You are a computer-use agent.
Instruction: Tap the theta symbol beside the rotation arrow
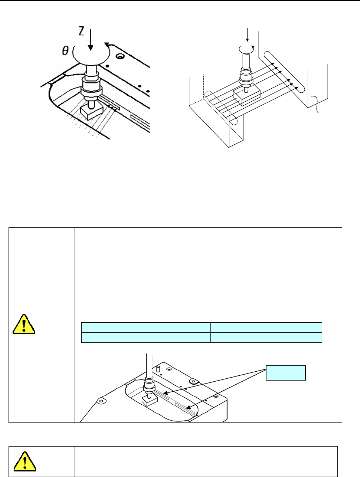point(65,51)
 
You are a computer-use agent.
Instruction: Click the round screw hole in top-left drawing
point(120,57)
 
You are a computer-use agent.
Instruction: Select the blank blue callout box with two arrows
point(286,373)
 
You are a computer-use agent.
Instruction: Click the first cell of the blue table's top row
point(99,327)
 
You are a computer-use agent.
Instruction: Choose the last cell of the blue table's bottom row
point(266,337)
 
